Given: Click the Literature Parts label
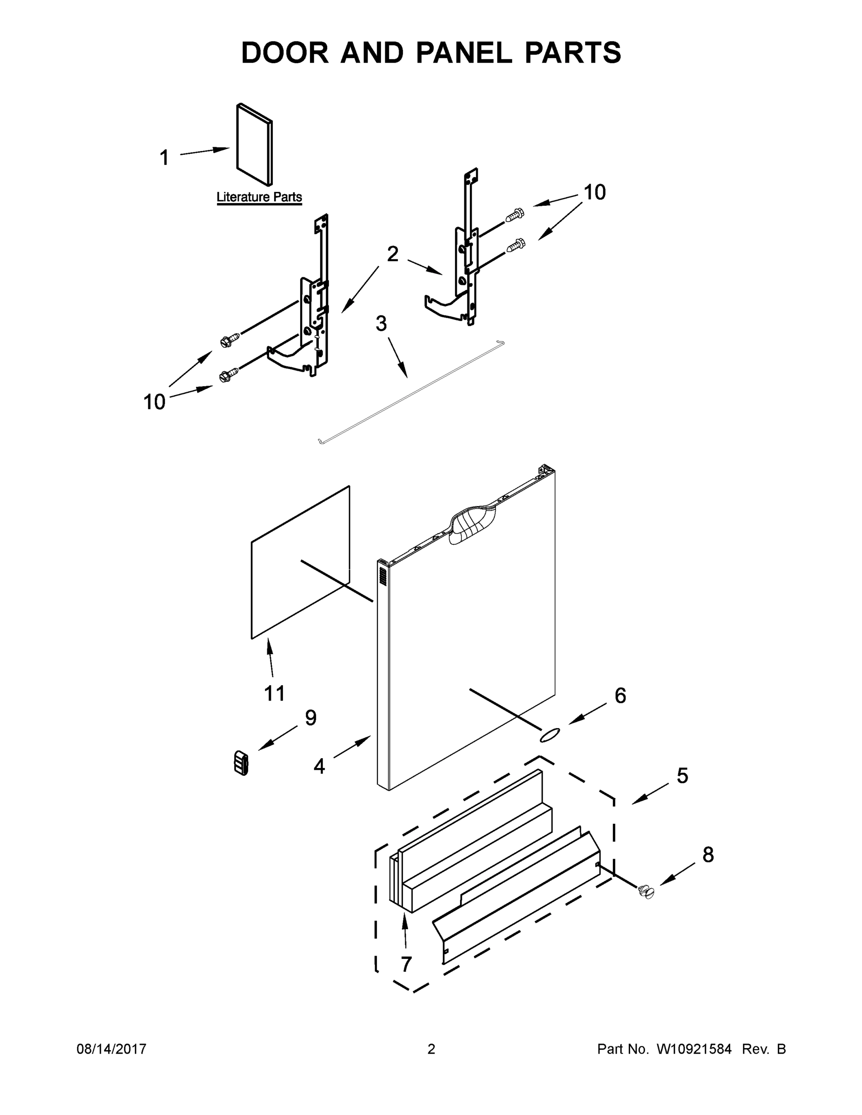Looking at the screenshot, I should click(x=259, y=197).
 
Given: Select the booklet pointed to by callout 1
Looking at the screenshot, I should click(x=254, y=145).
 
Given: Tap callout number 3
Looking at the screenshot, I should click(x=381, y=324).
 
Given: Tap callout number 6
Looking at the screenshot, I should click(x=620, y=695).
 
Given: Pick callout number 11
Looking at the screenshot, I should click(x=274, y=693).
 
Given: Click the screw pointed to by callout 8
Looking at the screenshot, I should click(x=646, y=892).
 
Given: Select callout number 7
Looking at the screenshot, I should click(x=406, y=964).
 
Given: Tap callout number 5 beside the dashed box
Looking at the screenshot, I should click(x=682, y=775).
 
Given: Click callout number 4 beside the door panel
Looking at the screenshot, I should click(x=319, y=766).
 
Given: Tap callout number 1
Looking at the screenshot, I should click(x=164, y=157).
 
